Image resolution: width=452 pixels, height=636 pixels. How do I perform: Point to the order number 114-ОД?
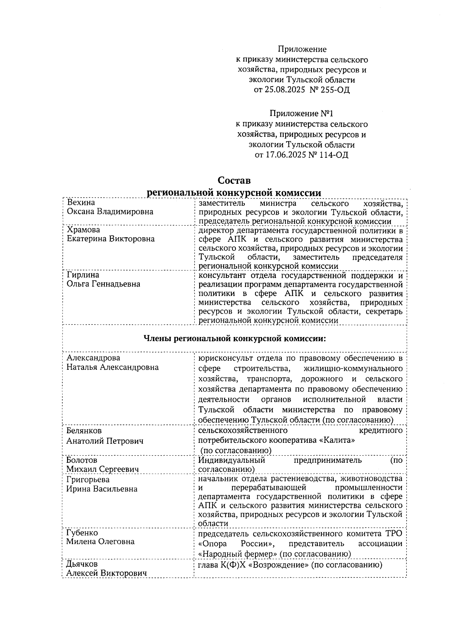pyautogui.click(x=334, y=155)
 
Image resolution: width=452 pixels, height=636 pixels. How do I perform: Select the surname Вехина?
pyautogui.click(x=81, y=203)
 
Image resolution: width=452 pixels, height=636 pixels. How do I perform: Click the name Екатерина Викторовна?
pyautogui.click(x=110, y=239)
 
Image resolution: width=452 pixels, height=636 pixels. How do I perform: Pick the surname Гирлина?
pyautogui.click(x=83, y=275)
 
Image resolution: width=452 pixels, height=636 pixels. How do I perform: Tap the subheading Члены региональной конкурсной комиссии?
pyautogui.click(x=235, y=339)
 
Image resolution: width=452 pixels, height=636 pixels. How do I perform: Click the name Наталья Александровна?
pyautogui.click(x=113, y=367)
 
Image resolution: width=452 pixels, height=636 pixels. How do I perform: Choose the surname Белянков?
pyautogui.click(x=84, y=430)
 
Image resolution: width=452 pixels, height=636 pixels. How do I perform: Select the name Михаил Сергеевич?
pyautogui.click(x=102, y=469)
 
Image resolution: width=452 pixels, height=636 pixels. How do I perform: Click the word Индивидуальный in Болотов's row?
pyautogui.click(x=232, y=460)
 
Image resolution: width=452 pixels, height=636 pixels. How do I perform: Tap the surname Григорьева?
pyautogui.click(x=88, y=480)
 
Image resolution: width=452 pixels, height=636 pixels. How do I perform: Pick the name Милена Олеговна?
pyautogui.click(x=100, y=542)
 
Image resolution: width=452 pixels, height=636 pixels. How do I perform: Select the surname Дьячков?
pyautogui.click(x=82, y=564)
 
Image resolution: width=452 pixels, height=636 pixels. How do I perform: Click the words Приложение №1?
pyautogui.click(x=301, y=114)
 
